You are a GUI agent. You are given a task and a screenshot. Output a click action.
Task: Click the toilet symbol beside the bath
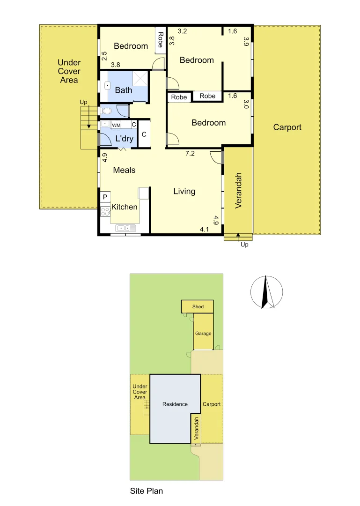click(106, 111)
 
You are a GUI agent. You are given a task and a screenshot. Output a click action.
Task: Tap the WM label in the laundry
click(116, 126)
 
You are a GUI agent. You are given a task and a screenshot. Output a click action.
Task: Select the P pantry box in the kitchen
click(105, 197)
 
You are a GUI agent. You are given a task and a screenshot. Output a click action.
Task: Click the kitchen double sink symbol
click(126, 228)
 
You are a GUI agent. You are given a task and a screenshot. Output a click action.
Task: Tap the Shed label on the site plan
click(198, 307)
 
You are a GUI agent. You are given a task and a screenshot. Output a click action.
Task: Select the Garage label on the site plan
click(203, 334)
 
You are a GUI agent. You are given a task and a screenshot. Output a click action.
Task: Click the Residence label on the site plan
click(175, 404)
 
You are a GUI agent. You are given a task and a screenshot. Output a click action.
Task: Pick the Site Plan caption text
click(146, 491)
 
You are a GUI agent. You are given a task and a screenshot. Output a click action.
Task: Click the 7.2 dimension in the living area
click(190, 153)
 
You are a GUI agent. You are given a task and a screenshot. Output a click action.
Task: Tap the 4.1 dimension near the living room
click(204, 229)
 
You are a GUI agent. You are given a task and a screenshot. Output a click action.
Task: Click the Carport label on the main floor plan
click(287, 127)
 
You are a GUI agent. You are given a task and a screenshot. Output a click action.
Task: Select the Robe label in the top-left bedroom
click(160, 39)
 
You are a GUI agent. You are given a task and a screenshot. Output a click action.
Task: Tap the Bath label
click(124, 90)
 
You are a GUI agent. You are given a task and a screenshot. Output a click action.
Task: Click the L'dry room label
click(124, 138)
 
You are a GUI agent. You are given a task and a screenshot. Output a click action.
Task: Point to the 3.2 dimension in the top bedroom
click(183, 31)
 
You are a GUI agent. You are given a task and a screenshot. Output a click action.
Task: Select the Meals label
click(124, 170)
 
